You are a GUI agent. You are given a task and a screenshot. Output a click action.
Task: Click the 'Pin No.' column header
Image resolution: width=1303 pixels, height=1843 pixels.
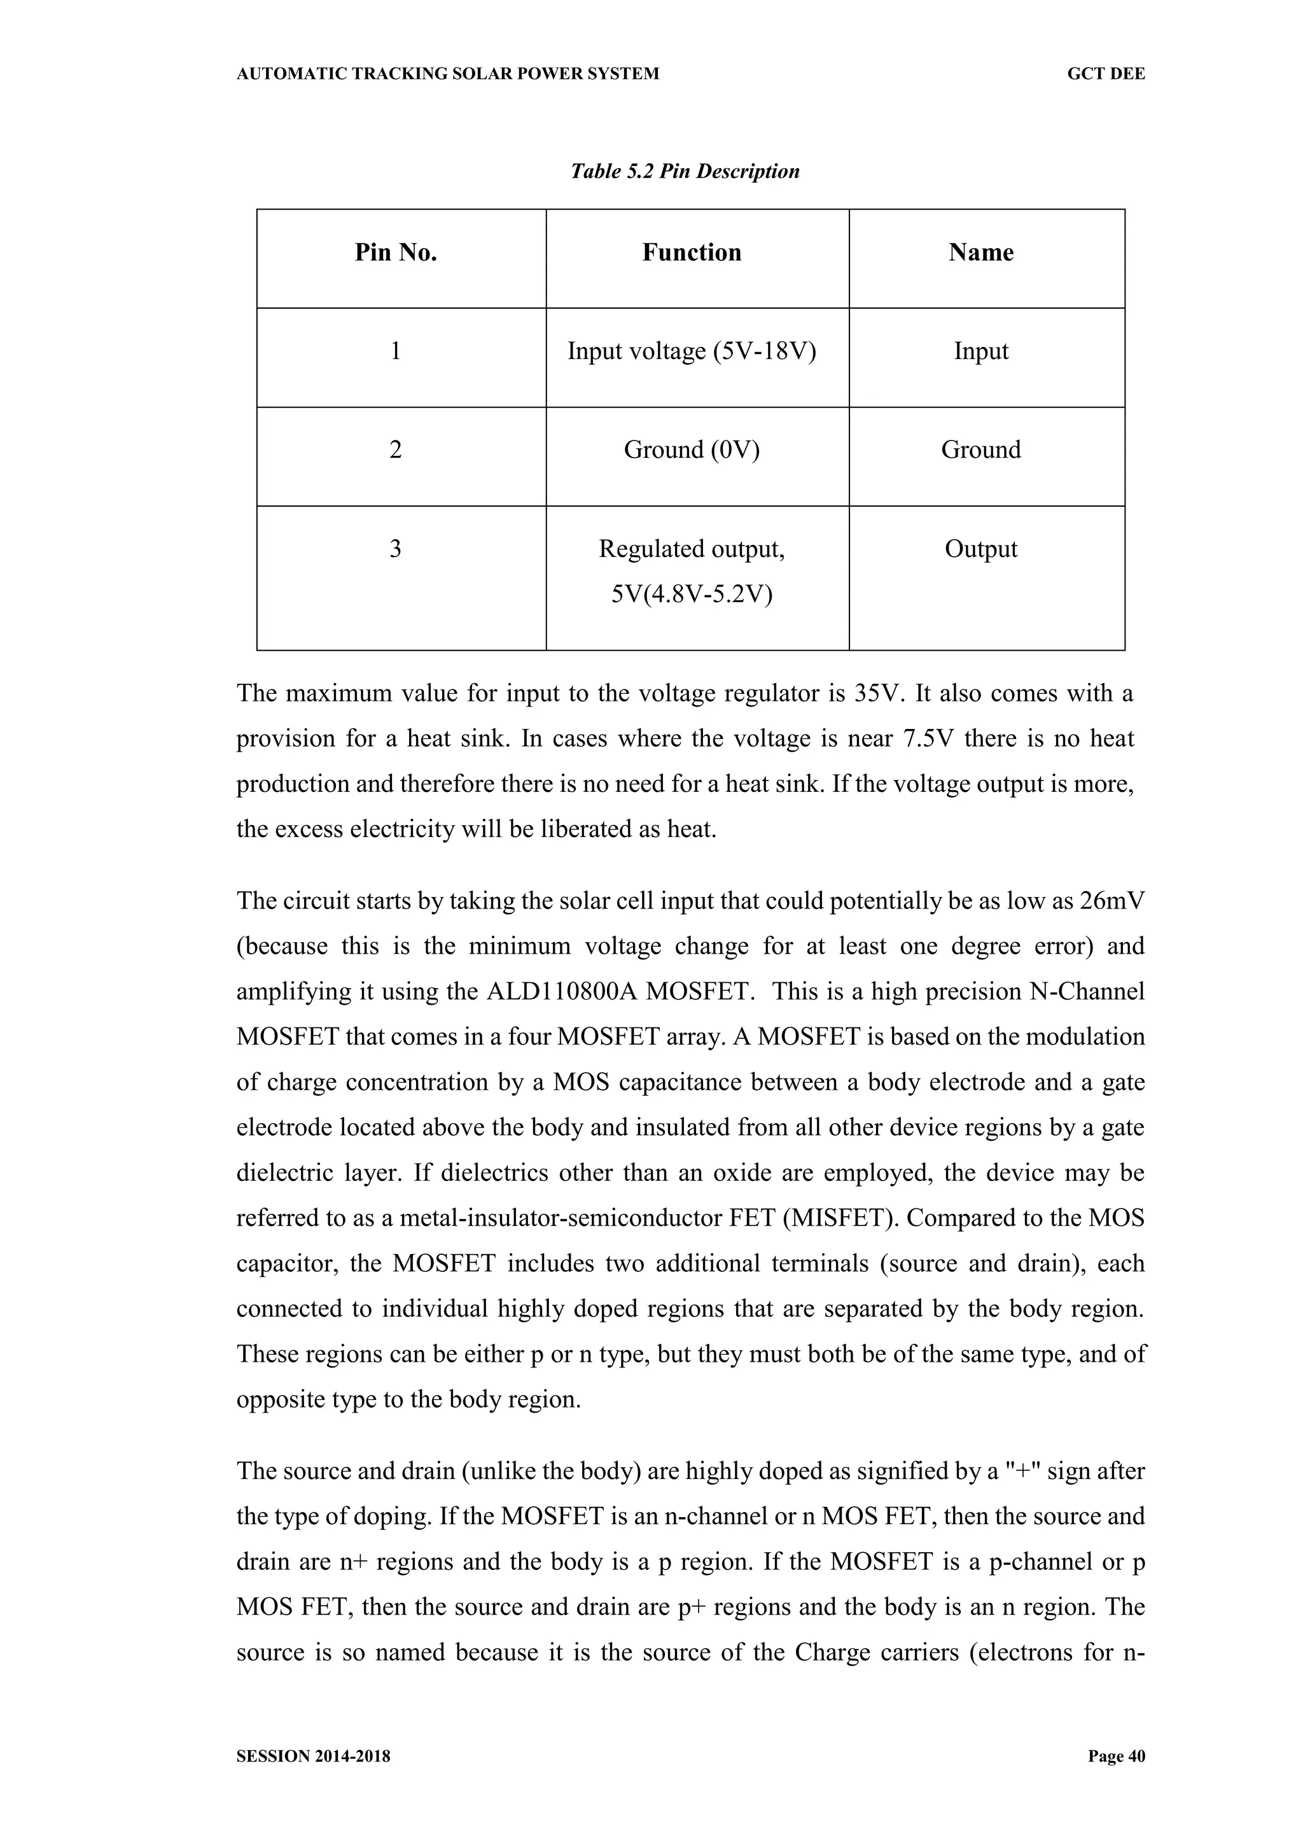coord(396,253)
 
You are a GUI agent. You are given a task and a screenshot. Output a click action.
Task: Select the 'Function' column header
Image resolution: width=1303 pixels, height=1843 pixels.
coord(692,253)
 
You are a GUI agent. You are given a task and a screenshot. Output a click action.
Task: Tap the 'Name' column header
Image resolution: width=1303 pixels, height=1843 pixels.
coord(980,253)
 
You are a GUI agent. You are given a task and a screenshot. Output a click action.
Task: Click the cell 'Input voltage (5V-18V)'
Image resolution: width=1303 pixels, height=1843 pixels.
coord(692,351)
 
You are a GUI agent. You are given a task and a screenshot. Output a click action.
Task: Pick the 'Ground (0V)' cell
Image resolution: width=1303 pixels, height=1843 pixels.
coord(692,450)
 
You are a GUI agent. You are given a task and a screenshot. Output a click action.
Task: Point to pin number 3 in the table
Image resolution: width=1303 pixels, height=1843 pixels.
coord(396,549)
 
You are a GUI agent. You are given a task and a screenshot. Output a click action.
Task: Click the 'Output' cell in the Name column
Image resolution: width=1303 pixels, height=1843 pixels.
coord(980,549)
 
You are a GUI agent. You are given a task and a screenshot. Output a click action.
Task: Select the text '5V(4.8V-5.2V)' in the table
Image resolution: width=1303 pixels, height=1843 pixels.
coord(692,595)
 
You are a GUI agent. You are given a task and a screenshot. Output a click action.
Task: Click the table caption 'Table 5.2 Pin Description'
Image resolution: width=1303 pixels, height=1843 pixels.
coord(685,171)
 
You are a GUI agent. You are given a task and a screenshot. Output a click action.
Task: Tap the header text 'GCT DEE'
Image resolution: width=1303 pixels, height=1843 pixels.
coord(1106,74)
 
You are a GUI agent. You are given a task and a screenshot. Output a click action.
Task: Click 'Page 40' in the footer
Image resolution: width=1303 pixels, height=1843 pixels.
coord(1116,1756)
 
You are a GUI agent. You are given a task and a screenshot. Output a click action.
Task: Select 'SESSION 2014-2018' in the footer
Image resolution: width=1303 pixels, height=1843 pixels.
coord(314,1756)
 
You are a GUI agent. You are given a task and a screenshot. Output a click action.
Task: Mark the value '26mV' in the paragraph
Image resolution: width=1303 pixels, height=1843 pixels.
coord(1112,901)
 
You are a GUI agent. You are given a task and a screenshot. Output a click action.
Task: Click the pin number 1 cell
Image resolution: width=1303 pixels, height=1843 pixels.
coord(396,351)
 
